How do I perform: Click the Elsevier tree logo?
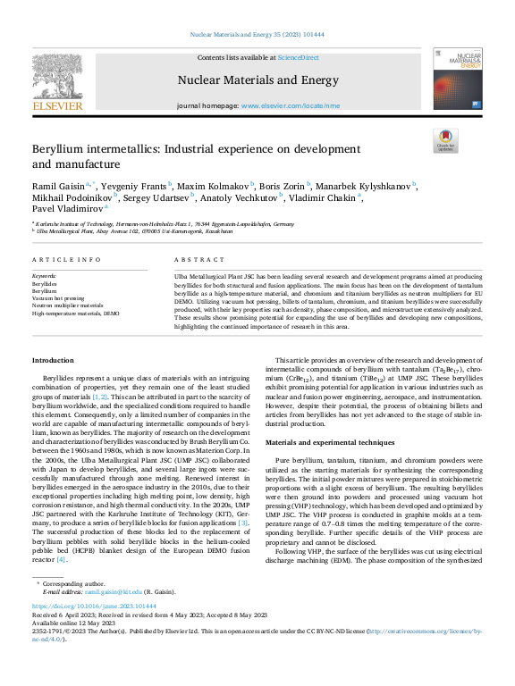57,75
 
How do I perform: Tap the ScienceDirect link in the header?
298,58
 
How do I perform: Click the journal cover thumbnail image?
457,80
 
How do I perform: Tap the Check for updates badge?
444,141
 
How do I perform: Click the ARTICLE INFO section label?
66,259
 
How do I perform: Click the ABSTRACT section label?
193,259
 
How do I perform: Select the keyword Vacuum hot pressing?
58,298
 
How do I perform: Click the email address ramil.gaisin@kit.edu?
114,592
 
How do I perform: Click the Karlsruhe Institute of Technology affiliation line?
166,223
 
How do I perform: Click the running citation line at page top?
257,34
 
